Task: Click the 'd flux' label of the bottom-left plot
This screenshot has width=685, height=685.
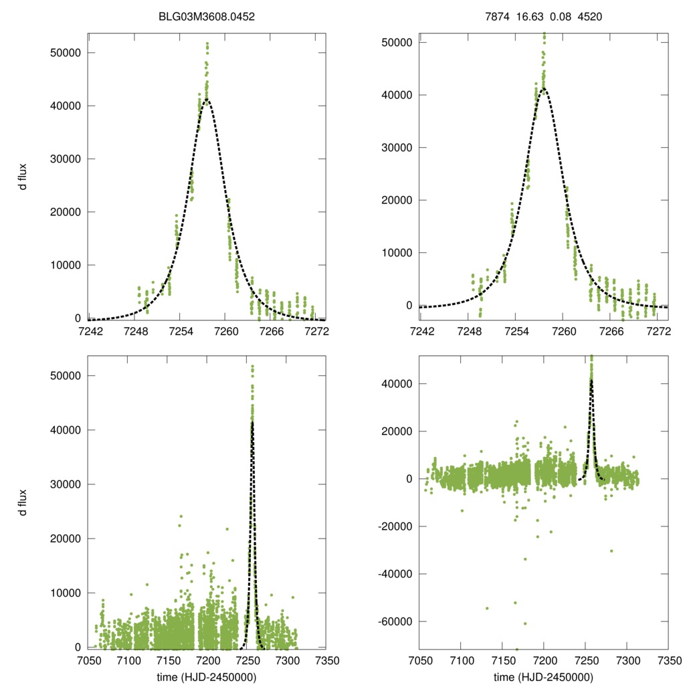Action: coord(23,502)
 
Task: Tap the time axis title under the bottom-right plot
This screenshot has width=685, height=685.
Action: coord(543,677)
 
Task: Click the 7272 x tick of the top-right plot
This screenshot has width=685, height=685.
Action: coord(659,330)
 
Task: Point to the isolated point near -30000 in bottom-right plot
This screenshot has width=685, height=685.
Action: coord(611,551)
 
